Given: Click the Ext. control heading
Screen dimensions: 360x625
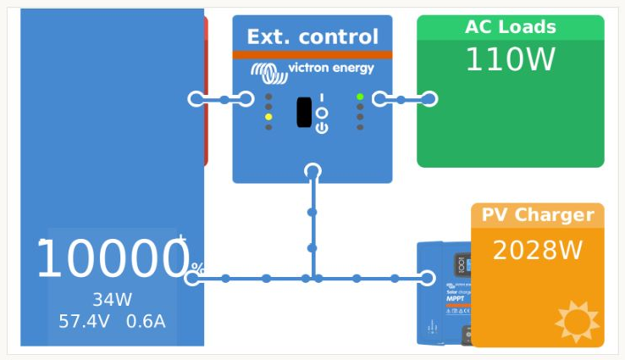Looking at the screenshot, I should [312, 36].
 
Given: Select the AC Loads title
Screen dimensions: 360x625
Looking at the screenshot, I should [510, 27].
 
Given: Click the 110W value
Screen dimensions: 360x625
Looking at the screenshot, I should [510, 60].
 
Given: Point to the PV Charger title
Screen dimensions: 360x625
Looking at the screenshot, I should [538, 215].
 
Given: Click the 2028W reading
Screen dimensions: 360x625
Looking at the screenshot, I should [538, 251].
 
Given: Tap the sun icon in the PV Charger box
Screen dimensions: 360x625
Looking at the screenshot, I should [577, 321].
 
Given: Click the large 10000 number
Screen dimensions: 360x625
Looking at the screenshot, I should [111, 259].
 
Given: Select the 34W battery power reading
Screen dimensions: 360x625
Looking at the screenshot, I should [112, 300].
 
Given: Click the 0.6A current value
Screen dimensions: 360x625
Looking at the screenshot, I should [146, 322].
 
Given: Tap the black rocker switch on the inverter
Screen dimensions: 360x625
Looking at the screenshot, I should [304, 113].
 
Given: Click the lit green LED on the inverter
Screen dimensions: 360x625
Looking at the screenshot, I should [360, 97].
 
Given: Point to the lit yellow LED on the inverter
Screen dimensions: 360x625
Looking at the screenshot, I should [268, 118].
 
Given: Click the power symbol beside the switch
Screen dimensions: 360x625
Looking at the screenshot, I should [321, 127].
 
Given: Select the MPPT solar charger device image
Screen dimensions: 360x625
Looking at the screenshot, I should [445, 293].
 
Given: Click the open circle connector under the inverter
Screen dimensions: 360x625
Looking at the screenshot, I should [312, 171].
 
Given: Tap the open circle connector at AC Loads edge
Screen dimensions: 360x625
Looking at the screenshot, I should [429, 99].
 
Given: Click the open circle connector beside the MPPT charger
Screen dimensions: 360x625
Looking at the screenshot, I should [427, 278].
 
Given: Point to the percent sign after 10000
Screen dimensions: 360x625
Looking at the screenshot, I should [197, 268].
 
